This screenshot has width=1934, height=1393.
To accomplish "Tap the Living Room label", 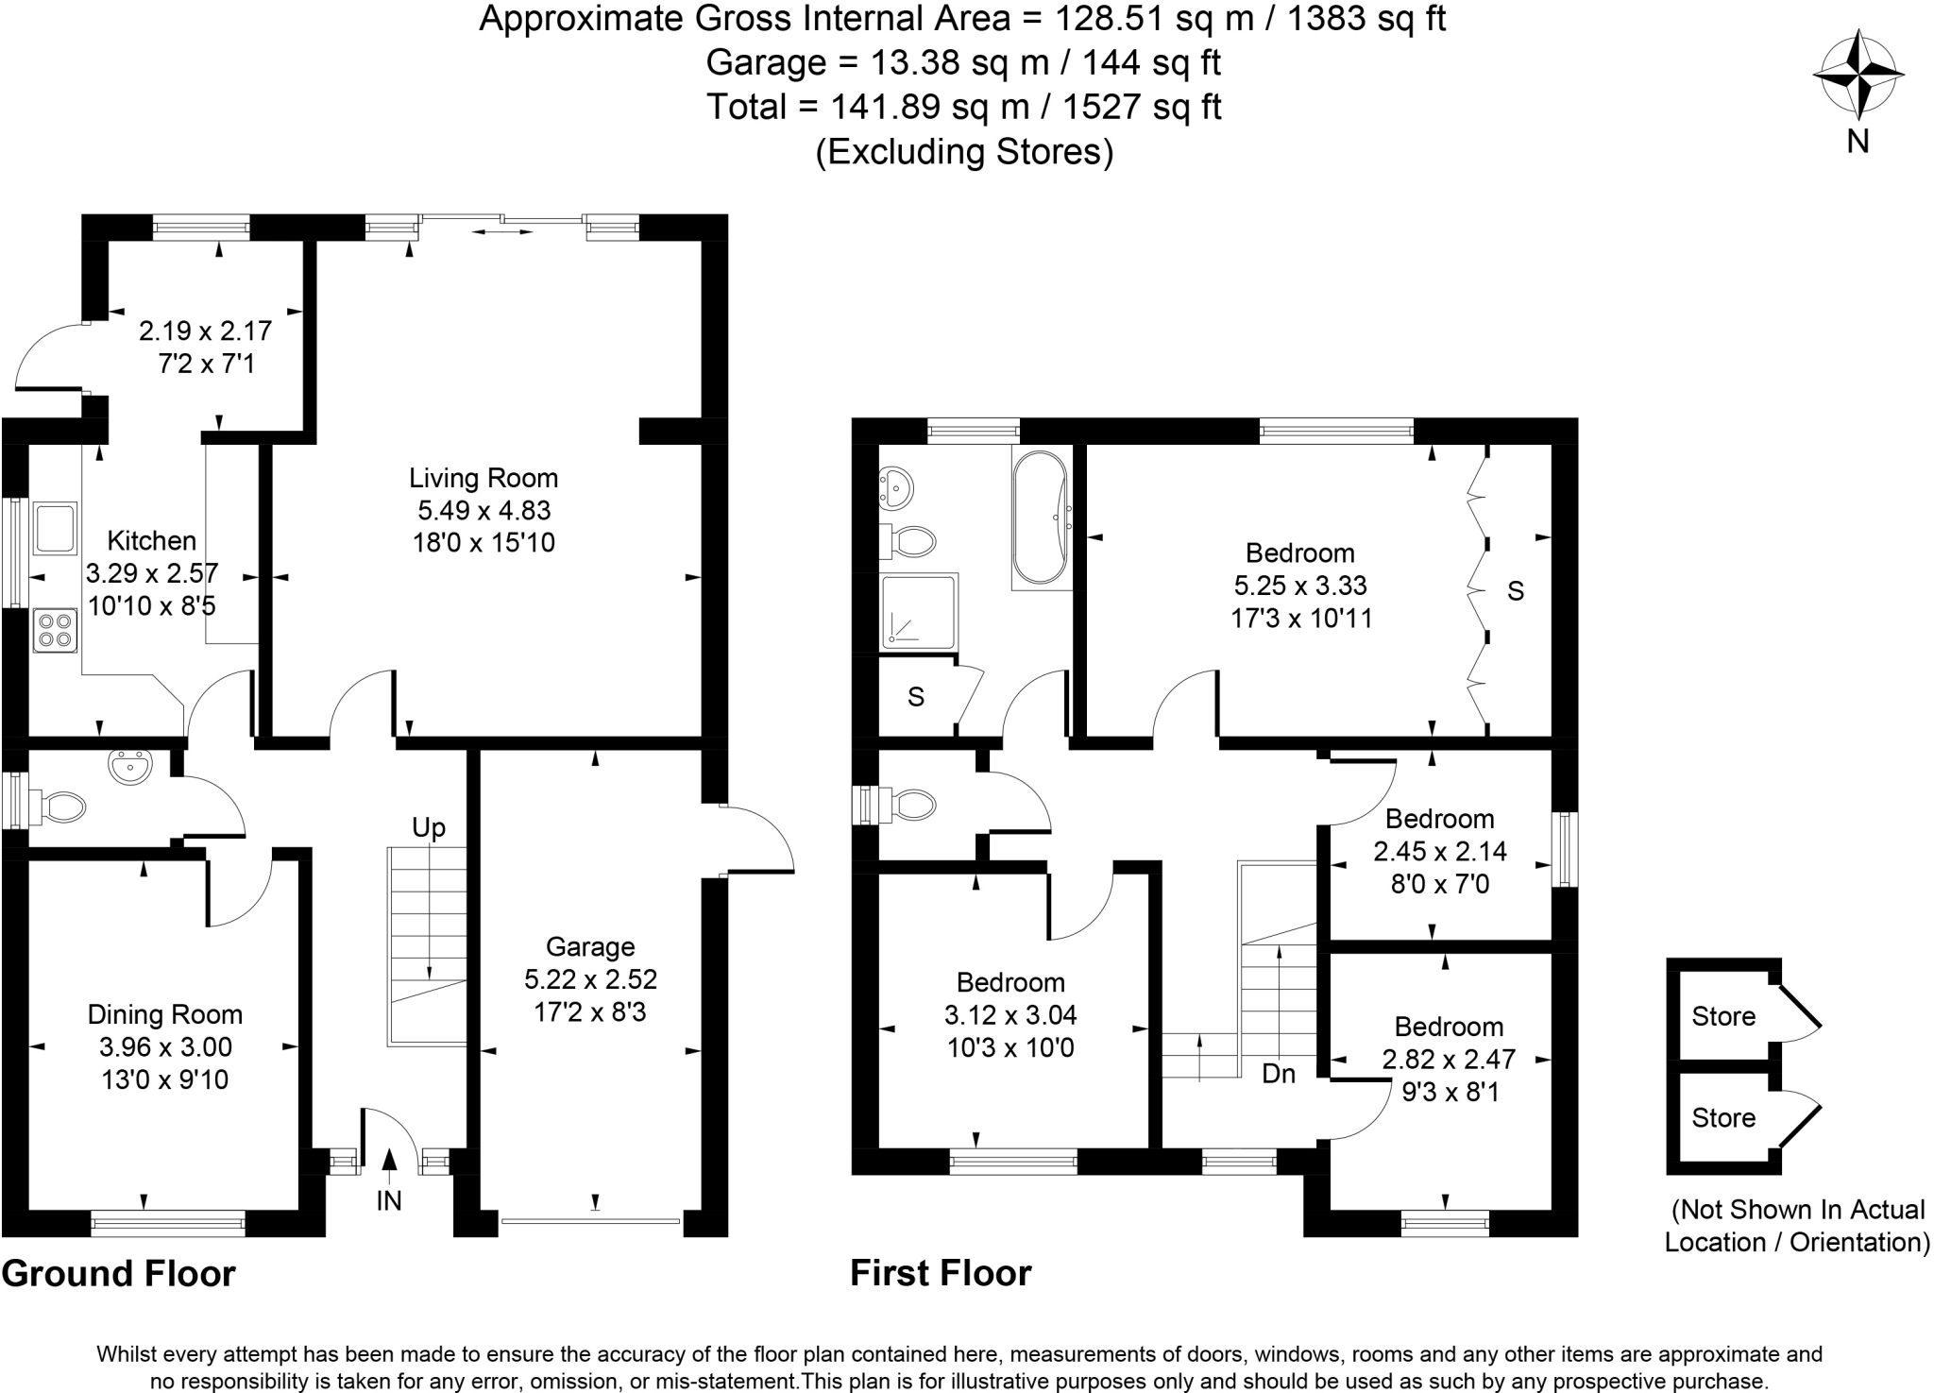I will [x=483, y=478].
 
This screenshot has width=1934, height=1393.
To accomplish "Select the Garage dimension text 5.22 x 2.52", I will [x=590, y=979].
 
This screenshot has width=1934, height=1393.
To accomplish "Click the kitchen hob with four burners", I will [x=55, y=631].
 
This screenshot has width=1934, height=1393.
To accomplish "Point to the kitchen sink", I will [x=55, y=529].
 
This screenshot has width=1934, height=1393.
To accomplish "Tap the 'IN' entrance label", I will [x=389, y=1200].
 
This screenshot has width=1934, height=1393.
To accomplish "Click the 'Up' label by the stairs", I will [x=428, y=828].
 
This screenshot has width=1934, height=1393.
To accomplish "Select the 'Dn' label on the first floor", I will [x=1279, y=1074].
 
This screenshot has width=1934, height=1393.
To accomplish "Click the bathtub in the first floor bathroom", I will [x=1041, y=518].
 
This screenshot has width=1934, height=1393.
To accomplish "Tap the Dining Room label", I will [x=165, y=1014].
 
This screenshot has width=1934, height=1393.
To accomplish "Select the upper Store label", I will [x=1723, y=1016].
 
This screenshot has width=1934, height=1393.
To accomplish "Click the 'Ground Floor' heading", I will [x=118, y=1273].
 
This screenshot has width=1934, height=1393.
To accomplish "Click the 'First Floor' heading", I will [x=941, y=1273].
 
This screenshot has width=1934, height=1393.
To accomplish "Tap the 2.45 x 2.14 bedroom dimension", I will [x=1439, y=852].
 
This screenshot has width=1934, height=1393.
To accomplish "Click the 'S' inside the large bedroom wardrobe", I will [x=1515, y=591].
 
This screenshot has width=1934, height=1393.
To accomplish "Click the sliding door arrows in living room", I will [x=501, y=230].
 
